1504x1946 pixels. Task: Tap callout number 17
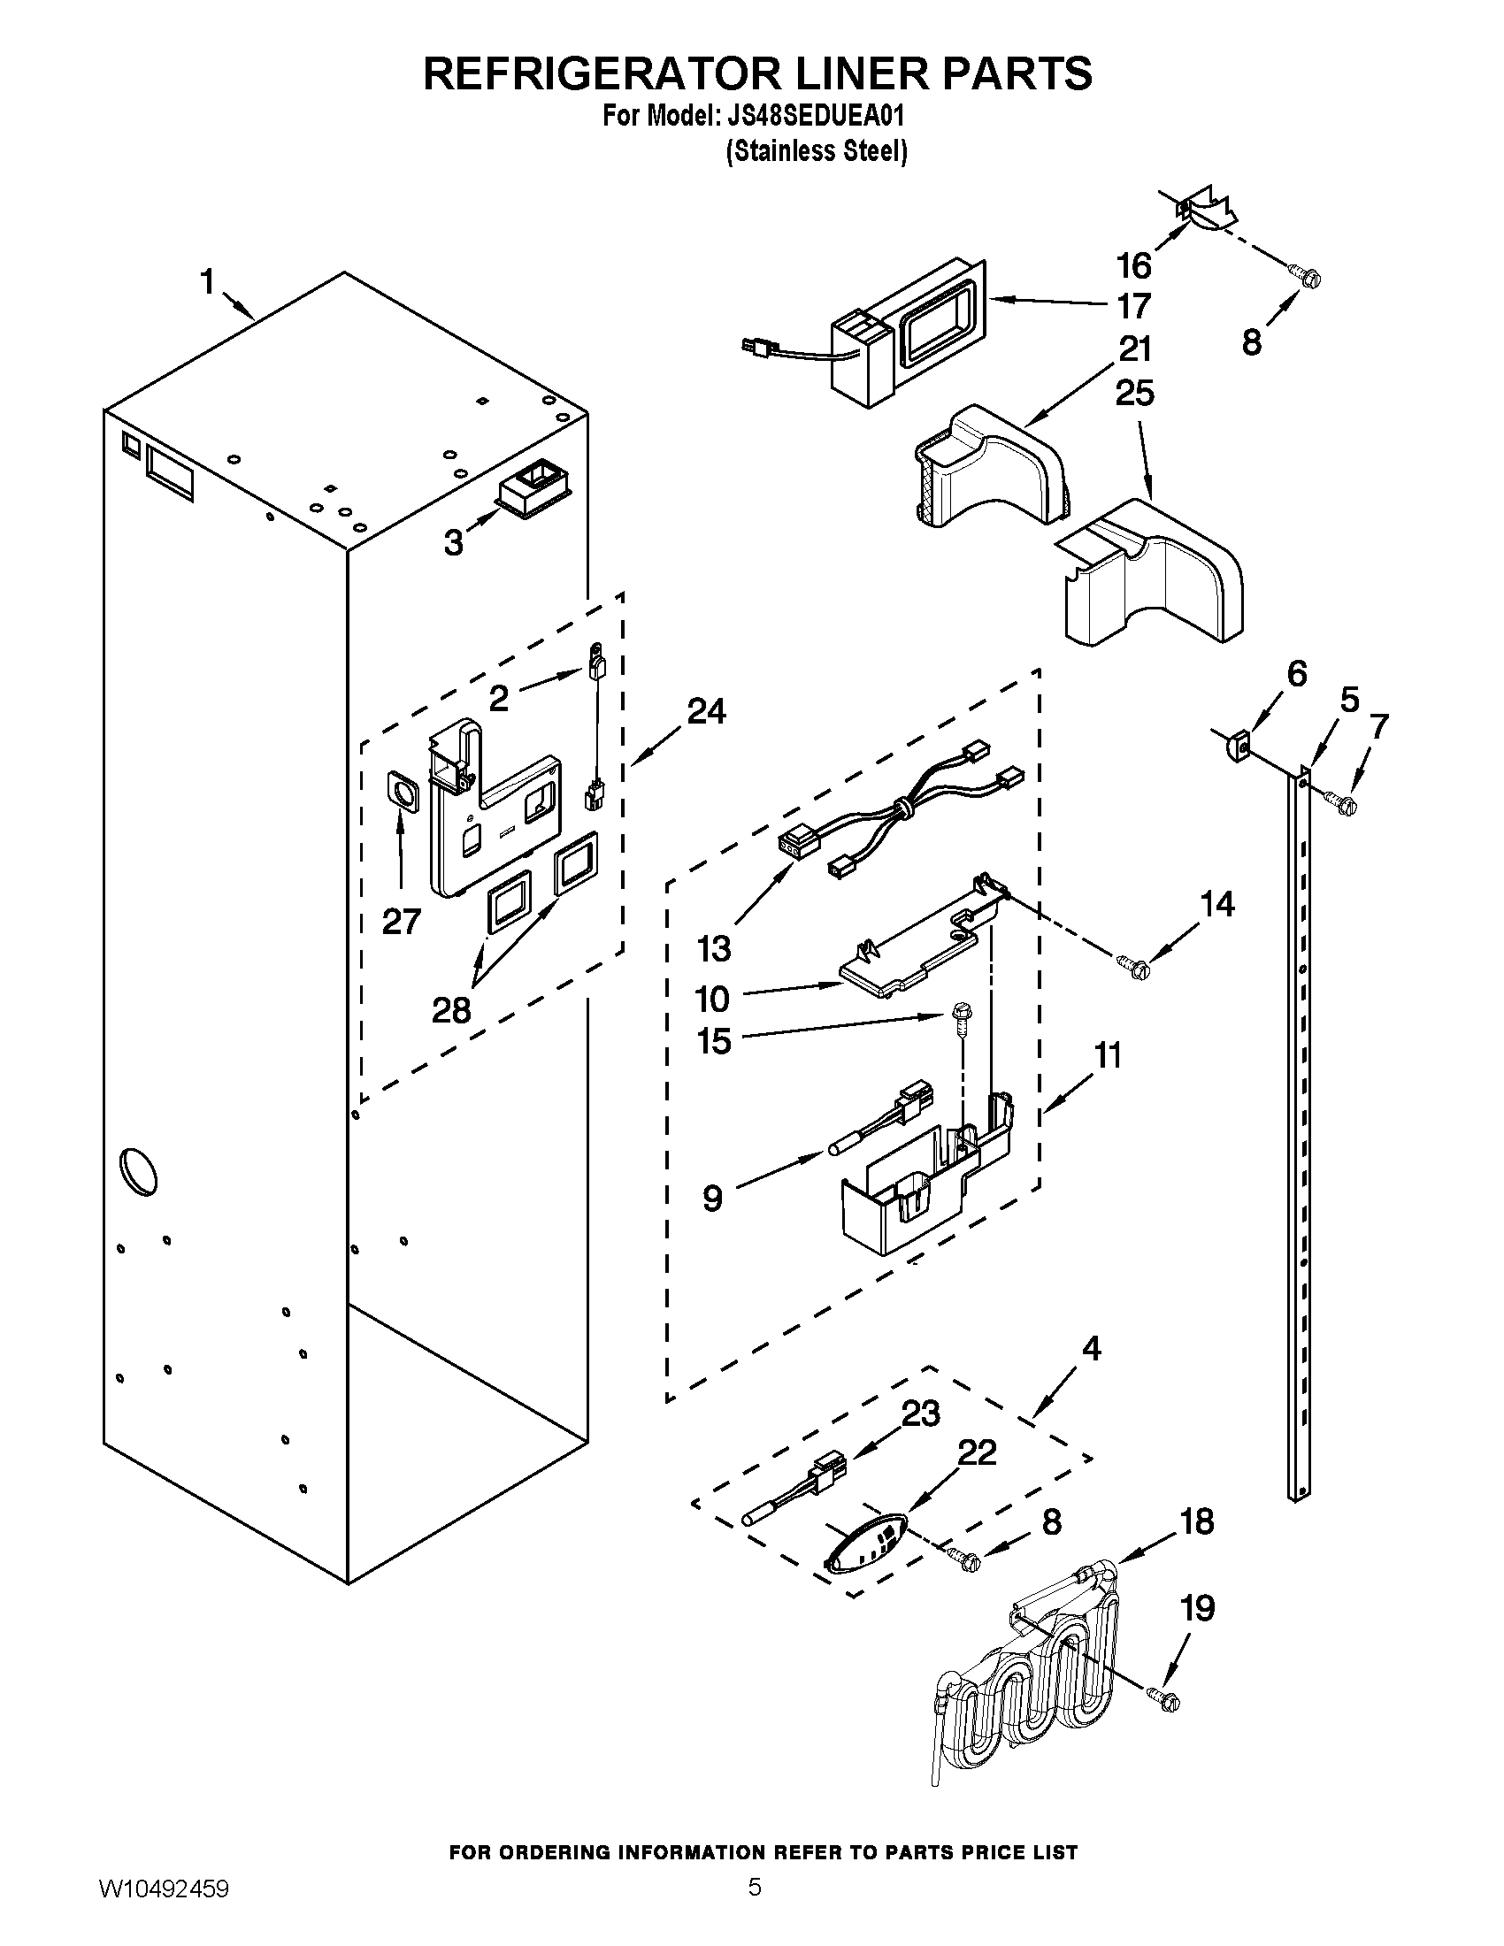coord(1133,307)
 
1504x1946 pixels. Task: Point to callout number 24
coord(707,711)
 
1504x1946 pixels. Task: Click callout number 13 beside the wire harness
coord(714,949)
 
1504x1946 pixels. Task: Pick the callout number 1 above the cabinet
coord(207,282)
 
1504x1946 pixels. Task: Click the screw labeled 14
coord(1134,965)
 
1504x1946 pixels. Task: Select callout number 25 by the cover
coord(1134,393)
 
